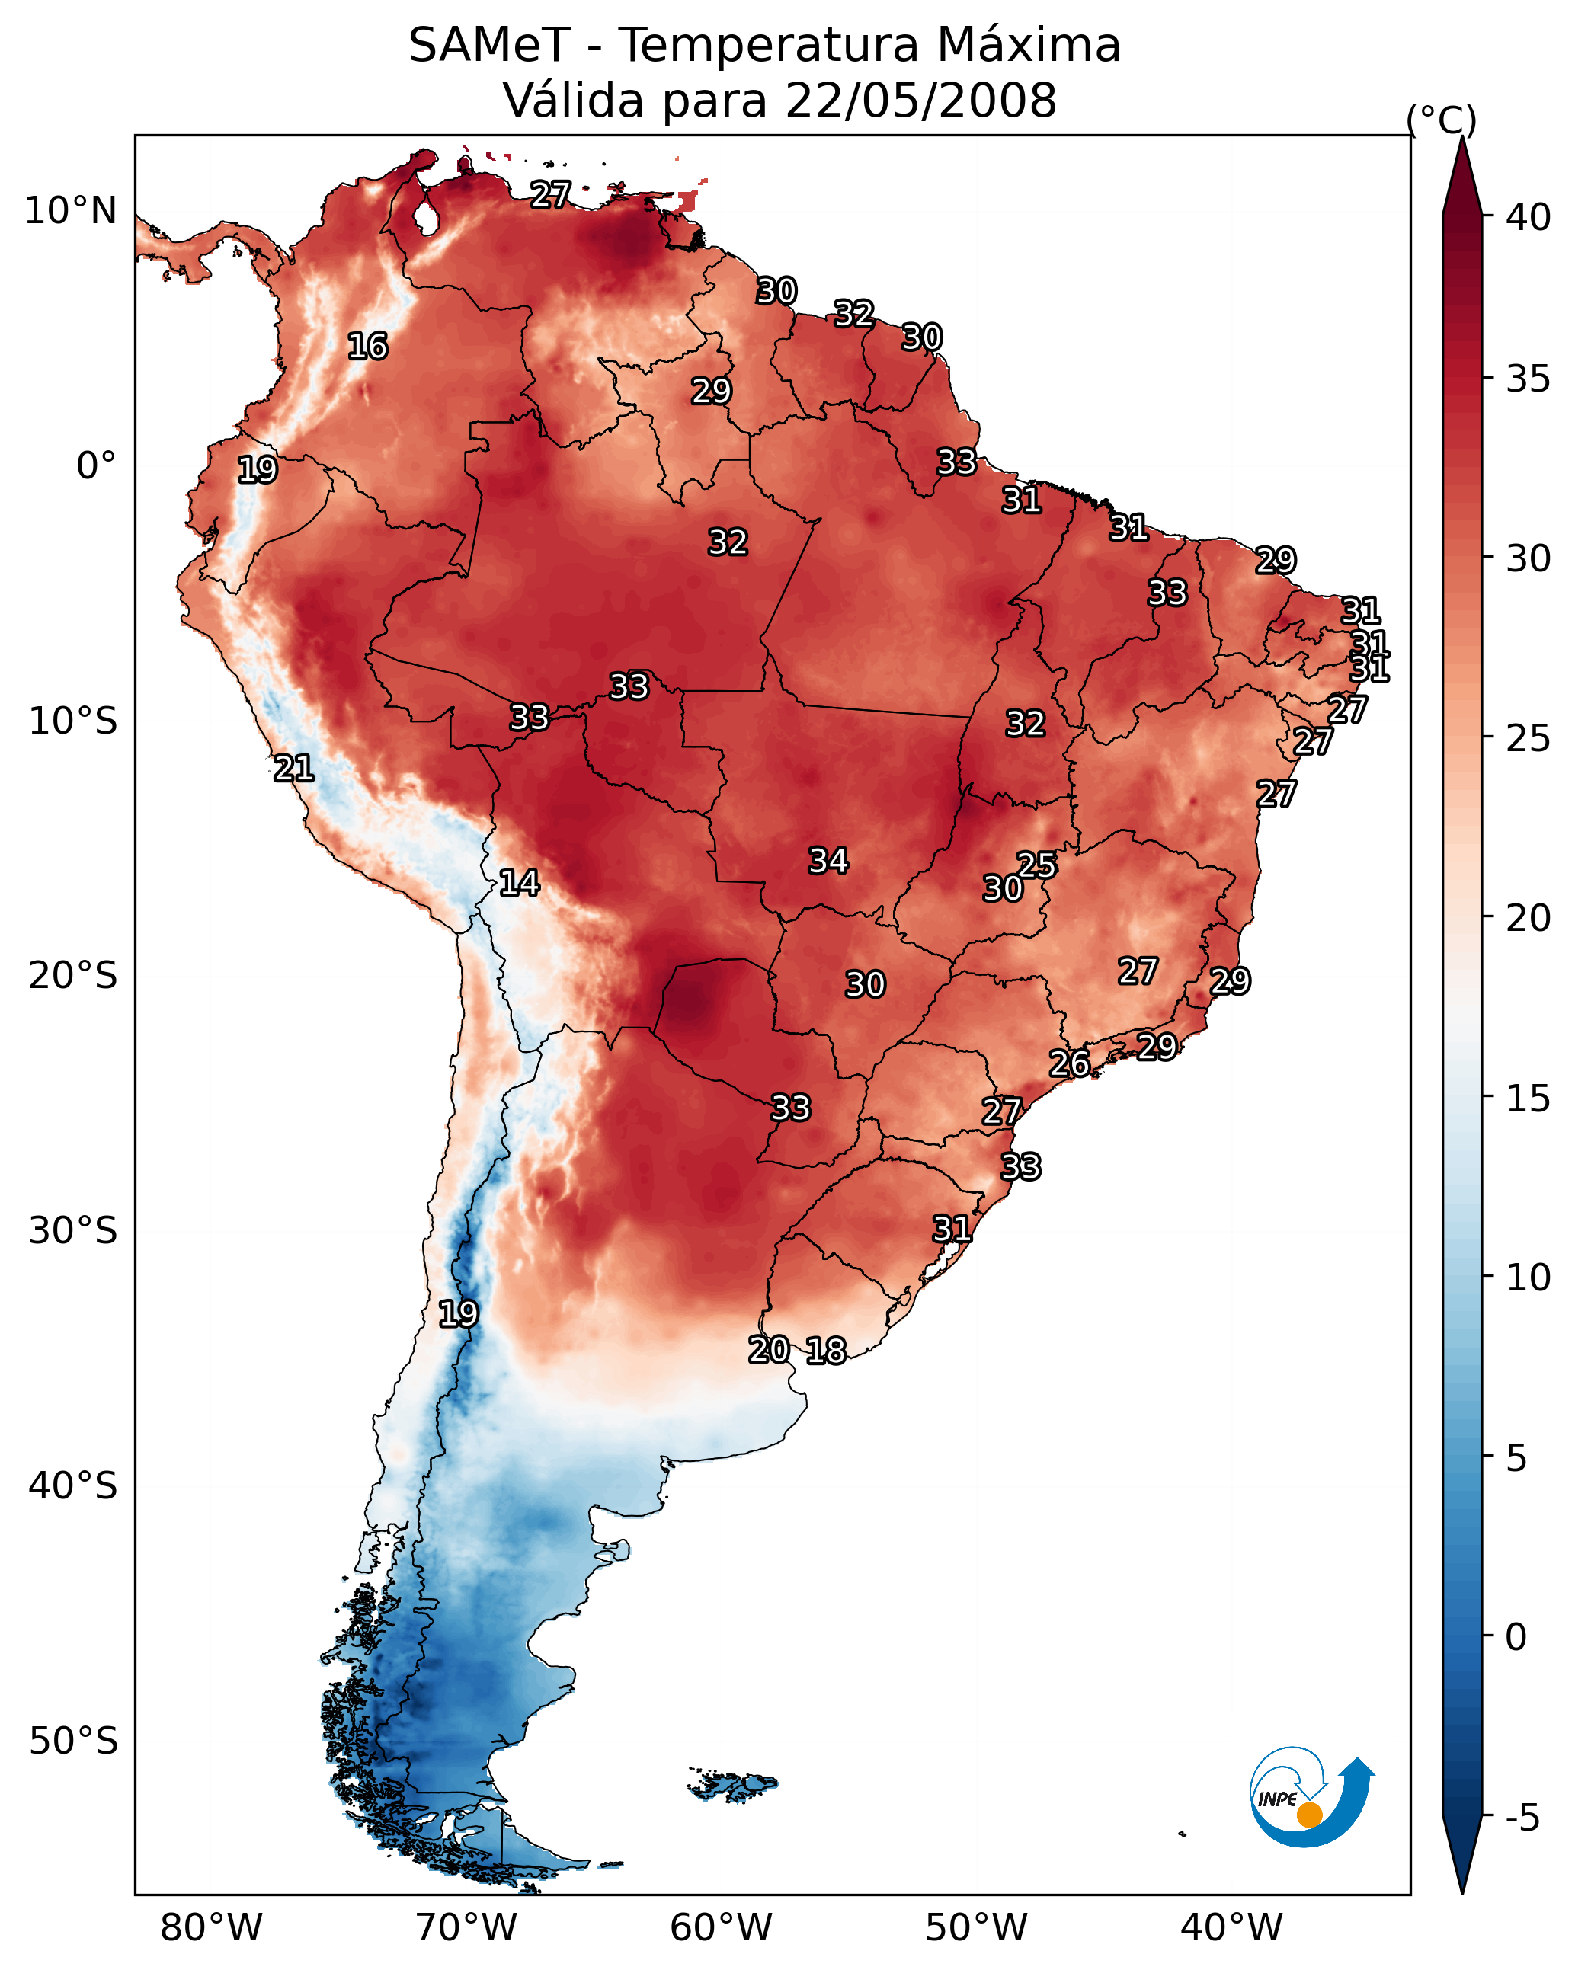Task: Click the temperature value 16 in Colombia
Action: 367,347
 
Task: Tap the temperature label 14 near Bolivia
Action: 519,883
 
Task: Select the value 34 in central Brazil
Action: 828,861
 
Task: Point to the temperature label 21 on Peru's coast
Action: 293,769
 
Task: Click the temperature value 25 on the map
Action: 1036,865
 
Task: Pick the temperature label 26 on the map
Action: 1068,1063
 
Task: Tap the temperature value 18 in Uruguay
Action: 826,1351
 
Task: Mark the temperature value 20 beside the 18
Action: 769,1350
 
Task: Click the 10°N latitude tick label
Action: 70,211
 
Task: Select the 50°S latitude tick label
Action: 73,1741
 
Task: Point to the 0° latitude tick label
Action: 96,466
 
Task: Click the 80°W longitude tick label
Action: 211,1928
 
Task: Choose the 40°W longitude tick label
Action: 1231,1928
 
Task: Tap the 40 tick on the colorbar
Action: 1529,217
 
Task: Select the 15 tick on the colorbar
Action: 1529,1099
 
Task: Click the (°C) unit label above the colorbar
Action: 1442,119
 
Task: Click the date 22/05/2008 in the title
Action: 920,100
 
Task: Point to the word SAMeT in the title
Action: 489,46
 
